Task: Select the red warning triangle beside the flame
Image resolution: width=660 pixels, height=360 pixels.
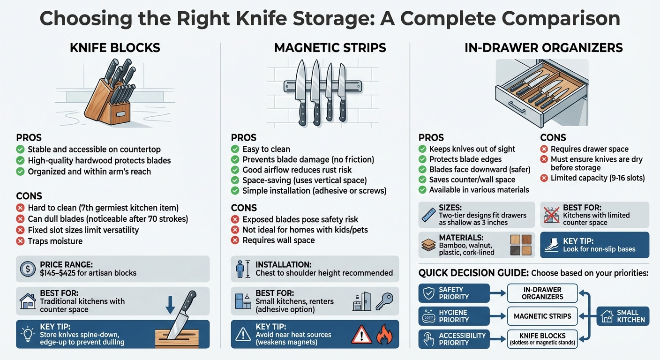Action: tap(361, 334)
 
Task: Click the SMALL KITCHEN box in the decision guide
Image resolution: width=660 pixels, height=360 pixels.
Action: tap(623, 316)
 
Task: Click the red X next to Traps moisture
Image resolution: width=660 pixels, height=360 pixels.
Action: tap(21, 241)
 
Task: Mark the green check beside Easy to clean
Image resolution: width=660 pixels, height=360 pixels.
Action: tap(236, 149)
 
